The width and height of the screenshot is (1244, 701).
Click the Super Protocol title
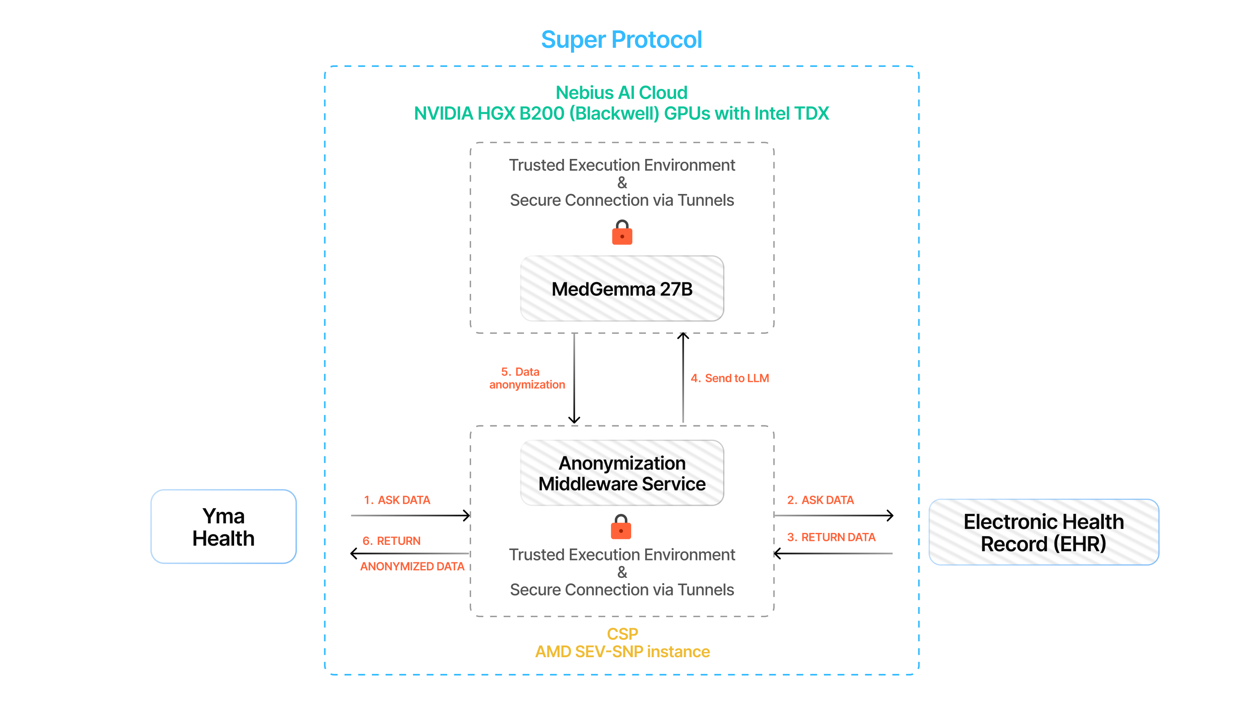622,39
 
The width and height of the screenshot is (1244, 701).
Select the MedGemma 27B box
622,289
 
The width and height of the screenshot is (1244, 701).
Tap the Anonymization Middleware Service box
622,474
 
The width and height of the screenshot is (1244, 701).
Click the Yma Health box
223,527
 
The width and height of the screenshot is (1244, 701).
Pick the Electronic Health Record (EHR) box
1044,533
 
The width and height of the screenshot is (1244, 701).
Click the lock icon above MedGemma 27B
622,233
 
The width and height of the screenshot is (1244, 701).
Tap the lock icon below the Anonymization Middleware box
621,527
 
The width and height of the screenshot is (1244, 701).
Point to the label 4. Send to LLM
730,378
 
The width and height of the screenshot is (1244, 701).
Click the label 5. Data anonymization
527,378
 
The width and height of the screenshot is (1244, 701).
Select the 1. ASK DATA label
397,500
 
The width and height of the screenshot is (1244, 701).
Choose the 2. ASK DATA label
820,500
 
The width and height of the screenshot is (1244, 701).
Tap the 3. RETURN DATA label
831,537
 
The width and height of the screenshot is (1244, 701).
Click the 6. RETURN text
392,541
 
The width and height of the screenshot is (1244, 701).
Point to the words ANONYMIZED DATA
412,567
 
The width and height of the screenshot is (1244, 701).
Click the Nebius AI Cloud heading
622,93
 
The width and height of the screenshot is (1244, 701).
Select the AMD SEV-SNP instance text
622,652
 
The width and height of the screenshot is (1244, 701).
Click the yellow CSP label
622,634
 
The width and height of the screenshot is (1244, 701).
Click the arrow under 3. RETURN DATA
833,554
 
